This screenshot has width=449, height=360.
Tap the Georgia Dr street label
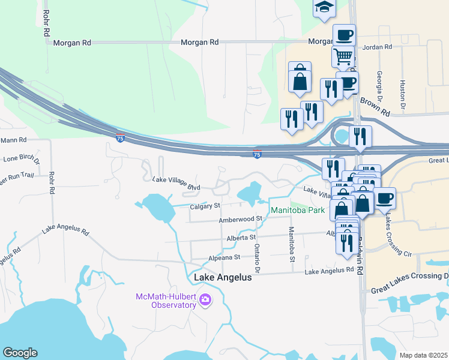379,85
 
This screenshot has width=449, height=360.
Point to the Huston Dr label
402,90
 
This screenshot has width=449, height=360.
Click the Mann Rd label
14,140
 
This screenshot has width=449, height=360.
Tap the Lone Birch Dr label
22,160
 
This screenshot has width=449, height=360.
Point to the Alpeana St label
223,257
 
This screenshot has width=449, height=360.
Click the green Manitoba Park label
297,210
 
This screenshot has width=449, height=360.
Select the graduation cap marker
324,8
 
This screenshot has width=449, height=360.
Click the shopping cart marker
343,56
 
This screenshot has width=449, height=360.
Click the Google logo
19,353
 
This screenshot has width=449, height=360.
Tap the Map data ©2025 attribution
423,355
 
